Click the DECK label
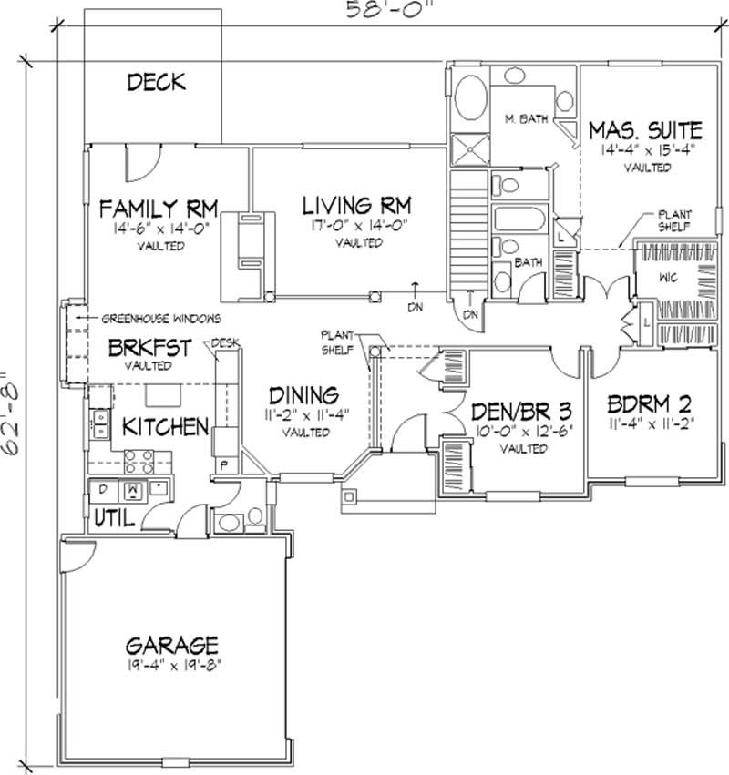coord(156,83)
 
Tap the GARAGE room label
coord(171,646)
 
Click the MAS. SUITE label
coord(645,128)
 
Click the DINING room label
coord(304,396)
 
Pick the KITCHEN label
coord(161,426)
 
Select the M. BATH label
coord(526,119)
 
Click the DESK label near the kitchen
coord(224,343)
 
